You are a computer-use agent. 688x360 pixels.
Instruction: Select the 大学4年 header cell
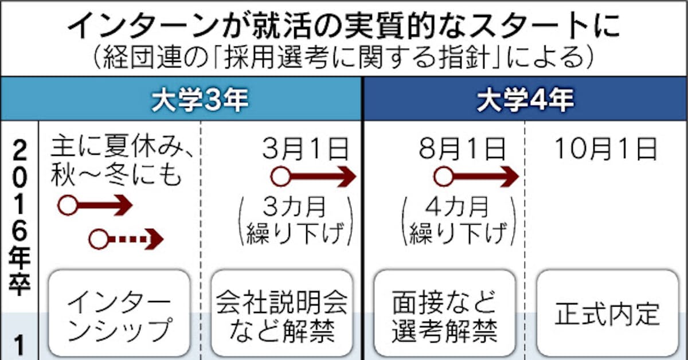point(525,101)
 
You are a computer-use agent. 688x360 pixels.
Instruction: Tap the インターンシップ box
point(119,314)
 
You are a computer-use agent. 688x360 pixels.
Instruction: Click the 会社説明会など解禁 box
point(282,314)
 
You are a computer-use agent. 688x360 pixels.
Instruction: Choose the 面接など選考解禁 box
point(444,314)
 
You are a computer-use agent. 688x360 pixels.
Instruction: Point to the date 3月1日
point(305,150)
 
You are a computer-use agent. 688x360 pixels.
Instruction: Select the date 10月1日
point(605,150)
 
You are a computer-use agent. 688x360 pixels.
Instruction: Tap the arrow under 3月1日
point(313,177)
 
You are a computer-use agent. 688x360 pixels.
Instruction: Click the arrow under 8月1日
point(476,177)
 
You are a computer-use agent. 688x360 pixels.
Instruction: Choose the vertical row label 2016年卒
point(20,218)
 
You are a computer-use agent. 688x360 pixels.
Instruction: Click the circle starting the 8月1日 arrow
point(443,177)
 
